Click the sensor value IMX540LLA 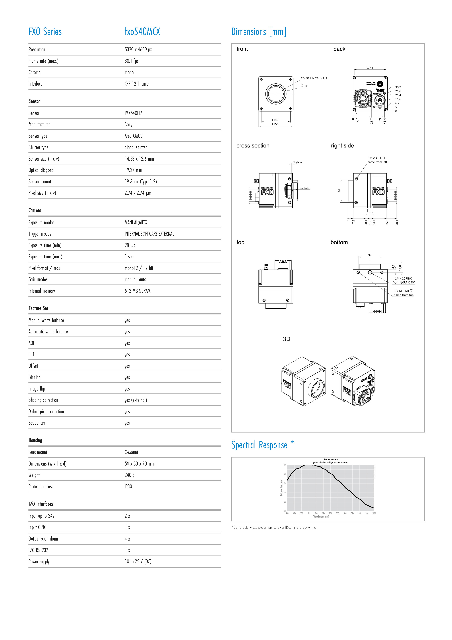(133, 113)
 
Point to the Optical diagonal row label (42, 170)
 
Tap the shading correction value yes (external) (136, 400)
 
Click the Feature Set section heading (38, 308)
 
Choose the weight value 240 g (129, 475)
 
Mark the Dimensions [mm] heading (259, 32)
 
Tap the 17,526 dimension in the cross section (305, 188)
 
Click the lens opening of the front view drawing (276, 94)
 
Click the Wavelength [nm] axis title (321, 516)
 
